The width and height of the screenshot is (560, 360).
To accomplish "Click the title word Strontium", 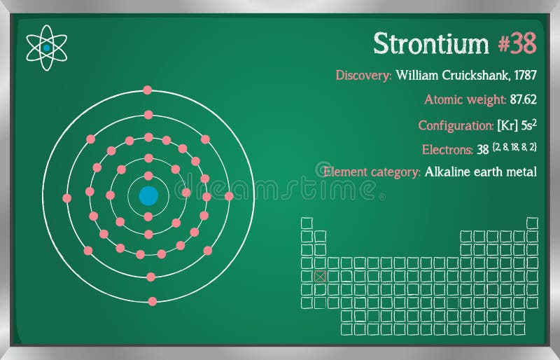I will pos(430,43).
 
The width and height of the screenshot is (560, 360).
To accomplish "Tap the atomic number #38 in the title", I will pos(517,43).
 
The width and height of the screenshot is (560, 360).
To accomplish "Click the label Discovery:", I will pos(363,75).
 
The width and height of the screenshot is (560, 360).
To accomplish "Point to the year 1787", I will pos(525,75).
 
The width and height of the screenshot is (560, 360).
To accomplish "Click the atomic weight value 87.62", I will pos(523,99).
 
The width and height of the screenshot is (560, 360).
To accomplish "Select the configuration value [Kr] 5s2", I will pos(517,125).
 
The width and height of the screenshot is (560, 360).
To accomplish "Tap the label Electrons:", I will pos(447,149).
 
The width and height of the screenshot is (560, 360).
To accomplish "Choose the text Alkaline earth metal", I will pos(481,172).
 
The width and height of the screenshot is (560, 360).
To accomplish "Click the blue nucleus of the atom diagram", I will pos(148,195).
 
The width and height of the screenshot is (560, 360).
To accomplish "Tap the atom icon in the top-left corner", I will pos(46,48).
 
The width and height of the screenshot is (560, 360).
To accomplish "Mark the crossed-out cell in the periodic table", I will pos(320,277).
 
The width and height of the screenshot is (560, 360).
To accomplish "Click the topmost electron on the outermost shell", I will pos(147,90).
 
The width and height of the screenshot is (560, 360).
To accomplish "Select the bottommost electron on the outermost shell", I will pos(153,301).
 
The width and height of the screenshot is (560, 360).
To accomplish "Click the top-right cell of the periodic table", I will pos(533,223).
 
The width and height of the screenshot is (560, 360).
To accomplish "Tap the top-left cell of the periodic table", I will pos(307,223).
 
